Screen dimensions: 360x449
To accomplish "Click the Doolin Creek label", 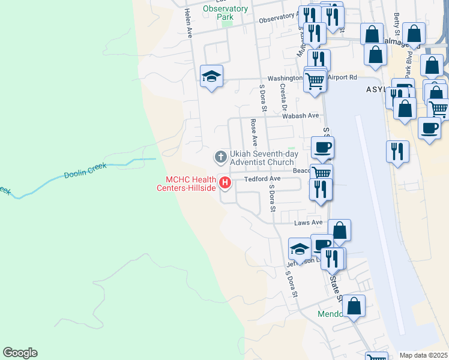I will pos(85,171).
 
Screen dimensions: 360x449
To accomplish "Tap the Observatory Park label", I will pos(225,13).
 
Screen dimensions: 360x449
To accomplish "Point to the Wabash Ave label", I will pos(304,116).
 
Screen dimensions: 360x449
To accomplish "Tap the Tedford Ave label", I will pos(262,179).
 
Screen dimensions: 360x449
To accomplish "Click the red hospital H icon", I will pos(226,182).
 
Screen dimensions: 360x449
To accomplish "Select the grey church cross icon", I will pos(220,157).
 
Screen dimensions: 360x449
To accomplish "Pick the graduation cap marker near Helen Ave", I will pos(211,76).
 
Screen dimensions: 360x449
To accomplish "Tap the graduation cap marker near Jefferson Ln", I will pos(299,248).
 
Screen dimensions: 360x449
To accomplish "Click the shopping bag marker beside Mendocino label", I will pos(354,305).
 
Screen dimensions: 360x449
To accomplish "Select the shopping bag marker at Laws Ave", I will pos(339,230).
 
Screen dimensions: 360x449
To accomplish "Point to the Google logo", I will pos(20,353).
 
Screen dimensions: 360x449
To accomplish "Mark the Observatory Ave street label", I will pos(278,20).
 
